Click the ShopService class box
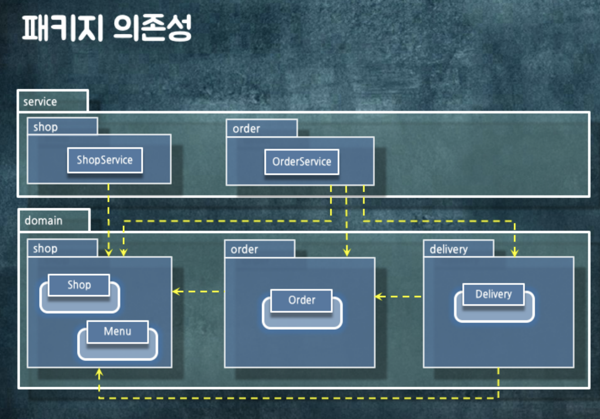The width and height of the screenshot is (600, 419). tap(105, 160)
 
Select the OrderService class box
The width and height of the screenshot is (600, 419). tap(302, 162)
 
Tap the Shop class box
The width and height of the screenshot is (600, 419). tap(79, 285)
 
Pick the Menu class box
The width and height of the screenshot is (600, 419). tap(117, 331)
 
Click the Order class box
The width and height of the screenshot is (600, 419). tap(302, 300)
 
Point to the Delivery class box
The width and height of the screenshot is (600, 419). tap(493, 294)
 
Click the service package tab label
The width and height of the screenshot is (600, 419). tap(40, 102)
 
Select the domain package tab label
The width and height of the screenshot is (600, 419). tap(44, 221)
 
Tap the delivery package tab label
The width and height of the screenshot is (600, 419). tap(449, 249)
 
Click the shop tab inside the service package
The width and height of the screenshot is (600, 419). tap(46, 127)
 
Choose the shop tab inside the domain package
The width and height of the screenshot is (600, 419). tap(45, 249)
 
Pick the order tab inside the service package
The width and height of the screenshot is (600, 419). tap(246, 129)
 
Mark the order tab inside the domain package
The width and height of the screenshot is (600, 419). tap(244, 249)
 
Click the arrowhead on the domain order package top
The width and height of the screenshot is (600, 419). tap(347, 253)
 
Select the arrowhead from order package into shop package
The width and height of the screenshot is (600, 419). tap(176, 291)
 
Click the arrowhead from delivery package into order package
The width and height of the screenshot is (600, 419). tap(379, 297)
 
